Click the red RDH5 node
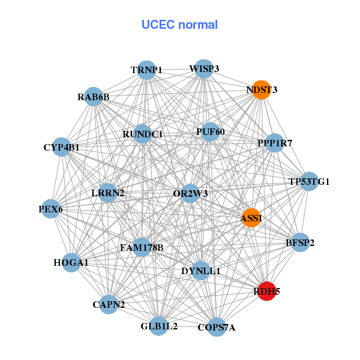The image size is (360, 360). (x=266, y=291)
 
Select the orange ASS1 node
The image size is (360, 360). (x=251, y=218)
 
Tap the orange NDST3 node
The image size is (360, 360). (x=262, y=90)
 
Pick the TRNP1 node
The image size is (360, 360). (x=146, y=70)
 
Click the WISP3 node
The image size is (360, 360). (x=204, y=69)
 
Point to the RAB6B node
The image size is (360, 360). (x=94, y=97)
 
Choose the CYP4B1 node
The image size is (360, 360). (x=62, y=147)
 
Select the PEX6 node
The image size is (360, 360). (x=50, y=209)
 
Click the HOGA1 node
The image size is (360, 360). (x=71, y=263)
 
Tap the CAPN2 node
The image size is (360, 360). (x=109, y=304)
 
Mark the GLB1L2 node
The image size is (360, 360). (x=159, y=326)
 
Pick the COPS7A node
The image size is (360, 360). (x=217, y=327)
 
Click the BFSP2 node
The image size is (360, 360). (x=300, y=242)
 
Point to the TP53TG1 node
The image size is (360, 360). (x=309, y=181)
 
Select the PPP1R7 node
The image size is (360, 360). (x=275, y=143)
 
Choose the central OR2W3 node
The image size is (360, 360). (x=190, y=193)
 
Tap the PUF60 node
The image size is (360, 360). (x=210, y=132)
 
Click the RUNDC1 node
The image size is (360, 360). (x=143, y=134)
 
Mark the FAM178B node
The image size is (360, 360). (x=142, y=247)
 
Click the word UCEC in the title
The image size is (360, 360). (x=158, y=25)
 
